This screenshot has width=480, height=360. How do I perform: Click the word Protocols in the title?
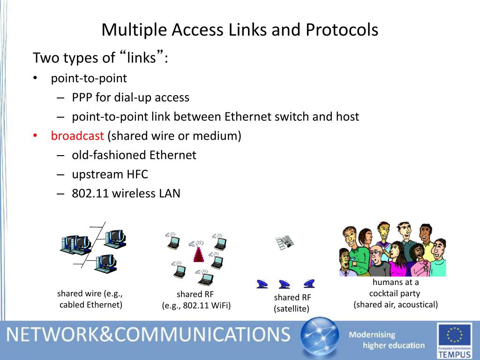[x=342, y=30]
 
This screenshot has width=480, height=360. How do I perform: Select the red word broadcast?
[x=77, y=136]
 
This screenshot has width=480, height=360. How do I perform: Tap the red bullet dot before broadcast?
[x=35, y=136]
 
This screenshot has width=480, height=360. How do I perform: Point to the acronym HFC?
[x=137, y=174]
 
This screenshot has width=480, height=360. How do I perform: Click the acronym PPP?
[x=82, y=97]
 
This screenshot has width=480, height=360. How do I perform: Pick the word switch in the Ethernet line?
[x=292, y=117]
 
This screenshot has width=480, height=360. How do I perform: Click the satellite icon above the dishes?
[x=285, y=242]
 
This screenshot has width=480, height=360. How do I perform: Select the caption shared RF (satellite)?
[x=292, y=303]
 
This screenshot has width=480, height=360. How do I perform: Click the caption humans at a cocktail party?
[x=395, y=293]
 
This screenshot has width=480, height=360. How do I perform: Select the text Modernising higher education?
[x=386, y=340]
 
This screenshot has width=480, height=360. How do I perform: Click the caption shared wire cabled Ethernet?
[x=90, y=299]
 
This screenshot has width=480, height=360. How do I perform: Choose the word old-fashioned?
[x=109, y=155]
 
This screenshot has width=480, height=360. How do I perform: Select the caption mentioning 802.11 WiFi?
[x=196, y=300]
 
